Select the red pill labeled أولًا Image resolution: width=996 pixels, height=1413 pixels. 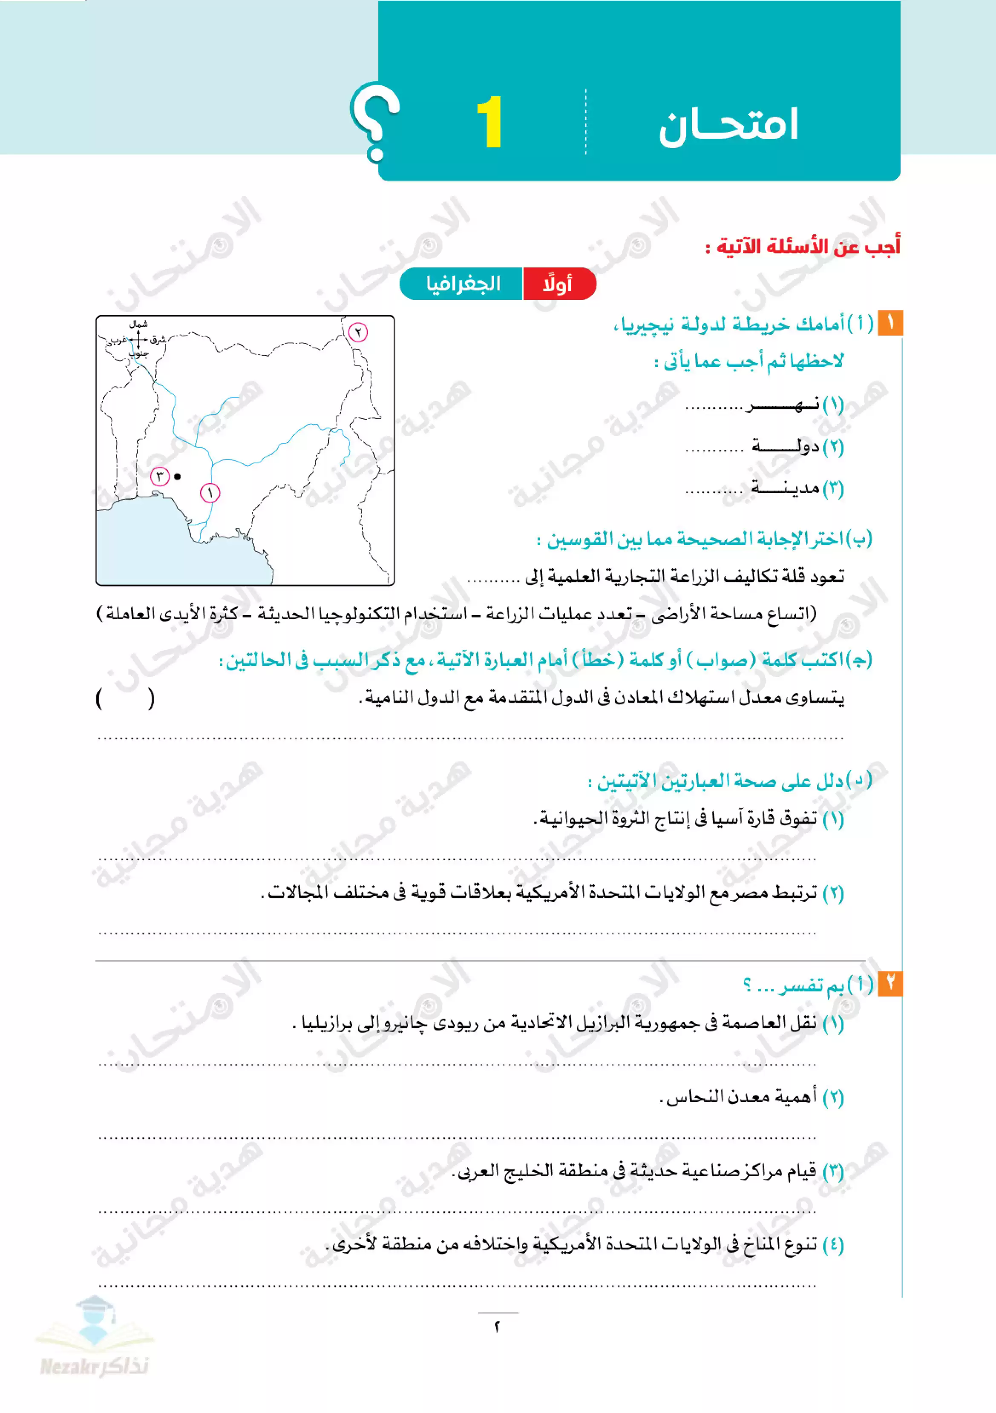558,284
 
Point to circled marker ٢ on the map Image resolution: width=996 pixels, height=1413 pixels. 358,332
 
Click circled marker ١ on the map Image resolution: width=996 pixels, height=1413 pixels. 210,493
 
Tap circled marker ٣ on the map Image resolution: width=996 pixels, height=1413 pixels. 159,477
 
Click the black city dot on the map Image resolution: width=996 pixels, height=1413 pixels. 177,477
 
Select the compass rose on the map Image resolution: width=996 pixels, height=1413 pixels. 138,339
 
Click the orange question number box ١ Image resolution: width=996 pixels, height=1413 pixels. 889,323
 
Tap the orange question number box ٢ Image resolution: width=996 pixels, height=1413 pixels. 889,983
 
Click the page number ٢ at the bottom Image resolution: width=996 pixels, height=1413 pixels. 498,1327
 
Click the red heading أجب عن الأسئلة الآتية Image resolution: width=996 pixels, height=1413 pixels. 802,247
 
